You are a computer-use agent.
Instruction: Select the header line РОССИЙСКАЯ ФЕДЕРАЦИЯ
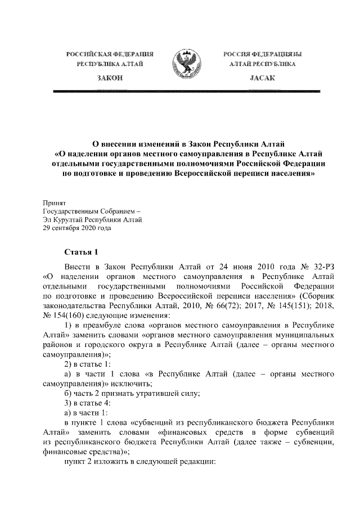tap(110, 54)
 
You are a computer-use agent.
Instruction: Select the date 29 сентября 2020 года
tap(77, 228)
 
